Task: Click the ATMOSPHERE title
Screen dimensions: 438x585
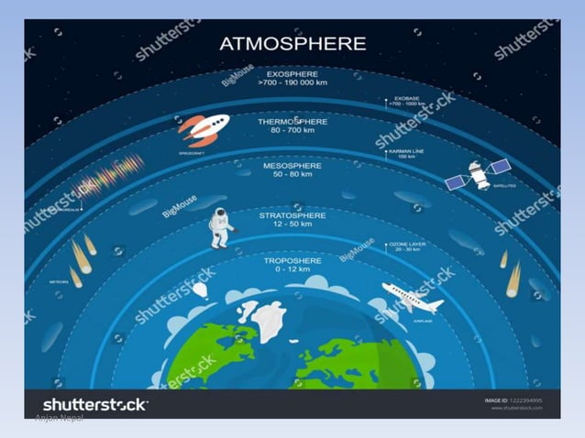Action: (292, 43)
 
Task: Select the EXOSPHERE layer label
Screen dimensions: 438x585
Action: (292, 73)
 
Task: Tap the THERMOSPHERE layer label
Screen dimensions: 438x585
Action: (292, 121)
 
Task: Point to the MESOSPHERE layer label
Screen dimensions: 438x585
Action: (292, 167)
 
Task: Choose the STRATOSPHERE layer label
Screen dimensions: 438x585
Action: (292, 215)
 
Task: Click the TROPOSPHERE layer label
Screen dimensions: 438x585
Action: (292, 260)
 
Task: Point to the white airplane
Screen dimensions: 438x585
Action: (411, 297)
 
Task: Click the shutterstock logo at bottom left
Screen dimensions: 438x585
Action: (95, 404)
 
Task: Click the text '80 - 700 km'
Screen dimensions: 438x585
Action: (292, 130)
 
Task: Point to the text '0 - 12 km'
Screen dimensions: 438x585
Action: (292, 270)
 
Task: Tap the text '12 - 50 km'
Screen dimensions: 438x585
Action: (292, 224)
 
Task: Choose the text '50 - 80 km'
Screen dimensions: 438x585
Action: (292, 176)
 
